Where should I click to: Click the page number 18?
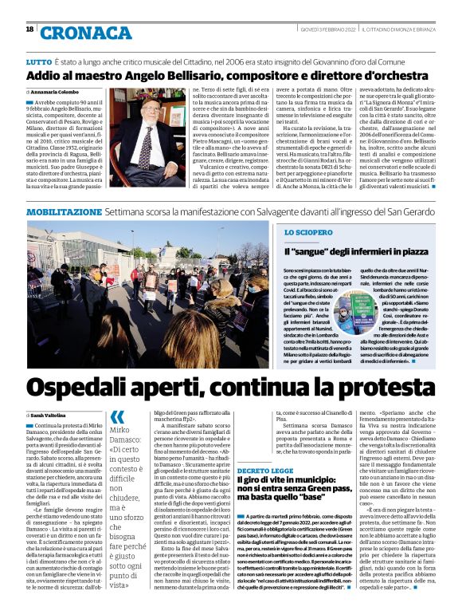[29, 29]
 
